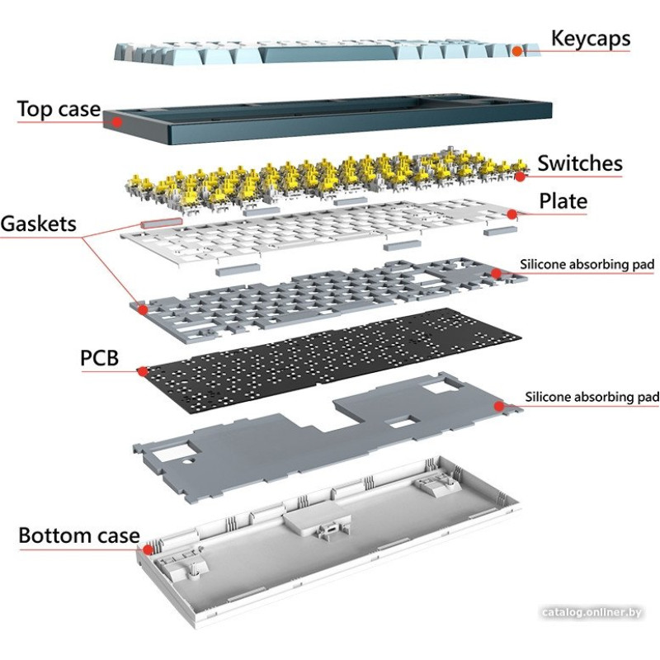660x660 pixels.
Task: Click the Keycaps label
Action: tap(590, 38)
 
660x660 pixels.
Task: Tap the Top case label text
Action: tap(59, 109)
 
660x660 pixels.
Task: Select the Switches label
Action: tap(579, 163)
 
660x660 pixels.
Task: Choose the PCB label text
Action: tap(99, 358)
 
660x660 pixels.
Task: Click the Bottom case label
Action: tap(79, 535)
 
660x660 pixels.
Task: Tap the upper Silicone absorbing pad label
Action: tap(587, 265)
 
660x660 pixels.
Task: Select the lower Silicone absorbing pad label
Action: tap(592, 397)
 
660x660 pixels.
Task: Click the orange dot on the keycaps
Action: tap(516, 51)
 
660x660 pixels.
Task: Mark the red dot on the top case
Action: tap(117, 121)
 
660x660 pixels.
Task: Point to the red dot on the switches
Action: tap(520, 176)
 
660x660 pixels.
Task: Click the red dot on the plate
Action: tap(511, 214)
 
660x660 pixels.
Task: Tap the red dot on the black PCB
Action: tap(142, 372)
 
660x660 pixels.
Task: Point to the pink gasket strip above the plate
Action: tap(162, 222)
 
